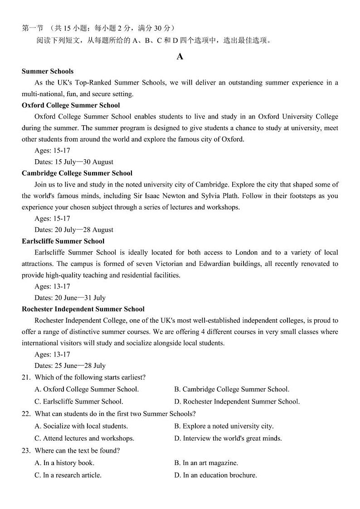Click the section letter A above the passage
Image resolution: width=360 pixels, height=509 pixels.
pos(180,57)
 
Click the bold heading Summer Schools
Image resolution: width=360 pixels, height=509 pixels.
pos(48,71)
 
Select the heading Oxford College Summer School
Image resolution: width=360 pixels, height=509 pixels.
pos(71,105)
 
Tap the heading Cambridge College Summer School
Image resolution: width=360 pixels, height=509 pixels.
pos(77,173)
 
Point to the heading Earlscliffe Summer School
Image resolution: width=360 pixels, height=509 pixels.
pos(63,241)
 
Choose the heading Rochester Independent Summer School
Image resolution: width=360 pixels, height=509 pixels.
pos(83,309)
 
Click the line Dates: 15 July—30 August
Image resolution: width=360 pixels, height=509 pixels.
pos(74,162)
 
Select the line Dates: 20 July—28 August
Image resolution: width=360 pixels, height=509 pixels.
pos(74,230)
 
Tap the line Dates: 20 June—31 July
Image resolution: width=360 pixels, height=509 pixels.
pos(70,298)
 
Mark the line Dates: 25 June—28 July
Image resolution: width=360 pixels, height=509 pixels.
pos(70,366)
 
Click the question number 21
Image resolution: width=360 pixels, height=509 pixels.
pos(26,377)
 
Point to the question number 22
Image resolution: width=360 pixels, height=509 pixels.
pos(26,414)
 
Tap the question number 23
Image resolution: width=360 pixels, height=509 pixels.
pos(26,450)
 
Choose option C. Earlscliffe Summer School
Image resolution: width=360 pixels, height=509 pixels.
pos(79,401)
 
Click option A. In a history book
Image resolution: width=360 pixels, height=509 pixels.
pos(64,463)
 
